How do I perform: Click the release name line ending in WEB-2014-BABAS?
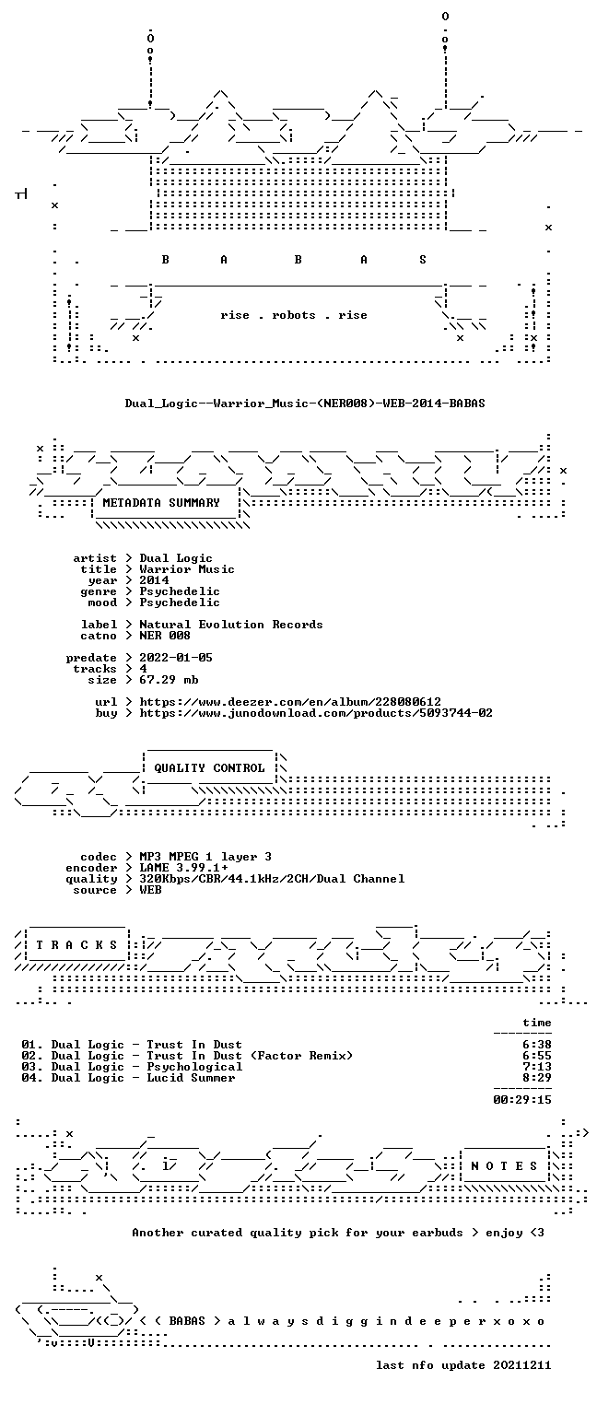[305, 404]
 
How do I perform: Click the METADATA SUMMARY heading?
[161, 503]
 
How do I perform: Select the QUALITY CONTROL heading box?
[209, 767]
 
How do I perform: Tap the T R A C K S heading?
[76, 944]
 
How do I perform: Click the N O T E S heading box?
[504, 1165]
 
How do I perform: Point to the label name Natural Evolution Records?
[230, 625]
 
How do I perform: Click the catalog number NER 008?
[165, 636]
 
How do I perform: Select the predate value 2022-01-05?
[176, 658]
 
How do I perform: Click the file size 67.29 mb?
[169, 680]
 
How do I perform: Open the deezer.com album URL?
[290, 702]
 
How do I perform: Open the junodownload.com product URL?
[316, 713]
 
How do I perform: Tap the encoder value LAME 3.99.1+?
[183, 868]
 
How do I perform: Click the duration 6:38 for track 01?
[537, 1045]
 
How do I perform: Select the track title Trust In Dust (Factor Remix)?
[251, 1056]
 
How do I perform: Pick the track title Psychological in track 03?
[194, 1067]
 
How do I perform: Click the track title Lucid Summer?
[191, 1078]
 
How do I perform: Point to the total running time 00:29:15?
[522, 1099]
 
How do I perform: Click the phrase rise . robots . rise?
[294, 315]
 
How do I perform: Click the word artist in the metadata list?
[95, 558]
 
